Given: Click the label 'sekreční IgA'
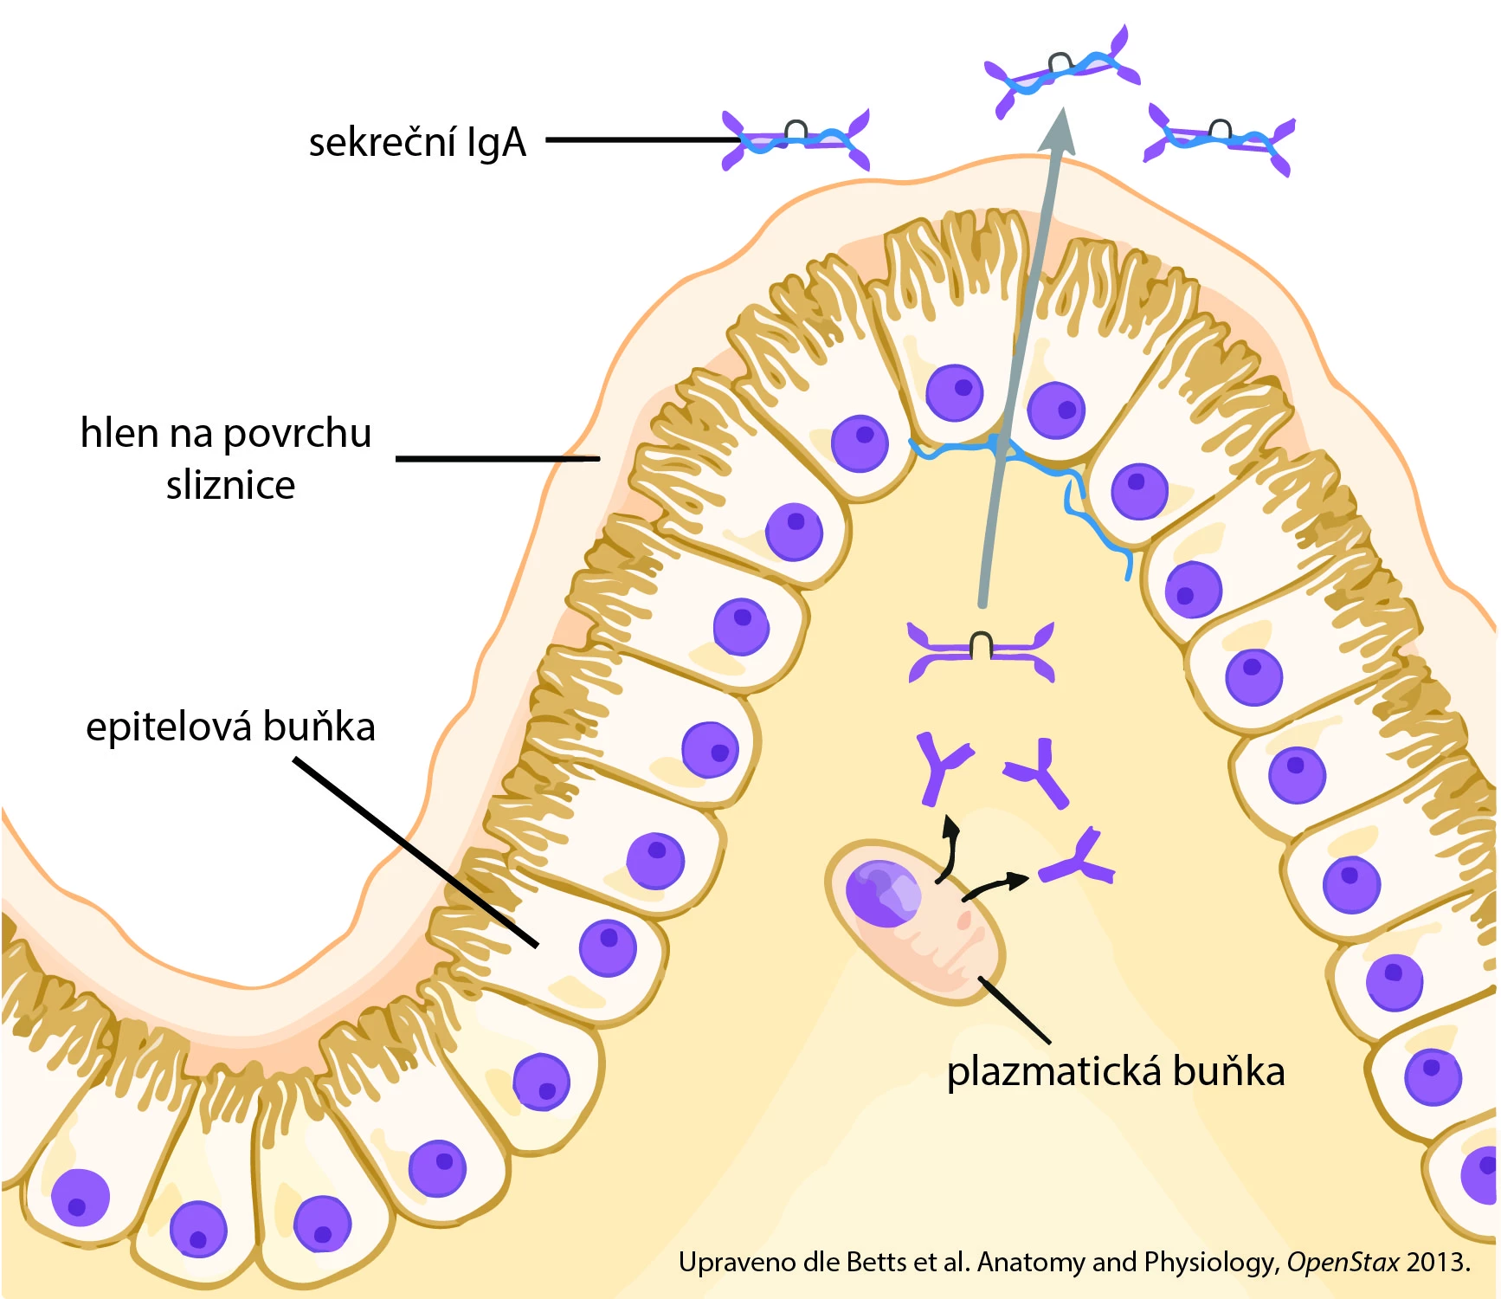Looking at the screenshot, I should point(417,142).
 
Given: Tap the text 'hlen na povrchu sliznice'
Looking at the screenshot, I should point(227,458).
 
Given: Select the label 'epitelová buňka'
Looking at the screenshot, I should point(230,727).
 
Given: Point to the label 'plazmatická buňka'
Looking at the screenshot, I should point(1115,1072).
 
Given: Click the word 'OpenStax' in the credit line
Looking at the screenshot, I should point(1342,1263).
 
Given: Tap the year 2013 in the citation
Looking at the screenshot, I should point(1437,1263).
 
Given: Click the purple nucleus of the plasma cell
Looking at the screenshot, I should point(881,892).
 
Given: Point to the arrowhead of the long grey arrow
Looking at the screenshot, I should point(1058,130).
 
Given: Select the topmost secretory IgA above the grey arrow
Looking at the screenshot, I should point(1063,69).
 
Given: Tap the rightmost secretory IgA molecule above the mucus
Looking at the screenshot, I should point(1219,139).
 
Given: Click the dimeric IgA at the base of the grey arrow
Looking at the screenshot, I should point(981,651).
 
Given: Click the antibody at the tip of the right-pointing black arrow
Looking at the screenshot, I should point(1078,860).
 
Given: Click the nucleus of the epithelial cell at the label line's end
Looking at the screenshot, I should point(609,947).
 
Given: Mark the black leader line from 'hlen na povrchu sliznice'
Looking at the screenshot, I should point(498,458).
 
